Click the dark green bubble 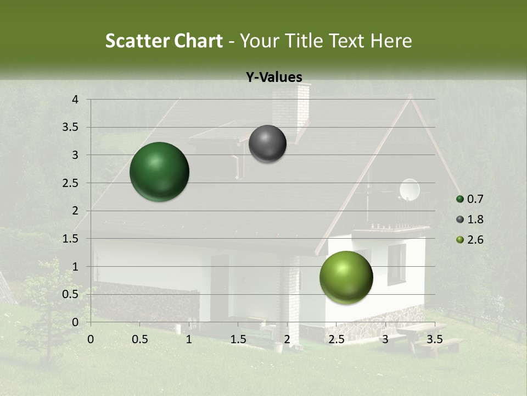click(x=159, y=172)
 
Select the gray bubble click(x=267, y=144)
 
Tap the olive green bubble click(x=346, y=277)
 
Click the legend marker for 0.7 click(x=460, y=199)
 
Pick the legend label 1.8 click(x=476, y=219)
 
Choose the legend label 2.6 click(x=476, y=240)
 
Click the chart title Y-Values click(x=274, y=78)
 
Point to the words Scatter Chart click(x=164, y=41)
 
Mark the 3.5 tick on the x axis click(x=435, y=339)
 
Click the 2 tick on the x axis click(x=287, y=339)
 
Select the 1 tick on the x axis click(x=189, y=339)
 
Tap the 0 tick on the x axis click(x=91, y=339)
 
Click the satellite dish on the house click(x=410, y=190)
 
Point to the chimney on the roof click(x=291, y=107)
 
